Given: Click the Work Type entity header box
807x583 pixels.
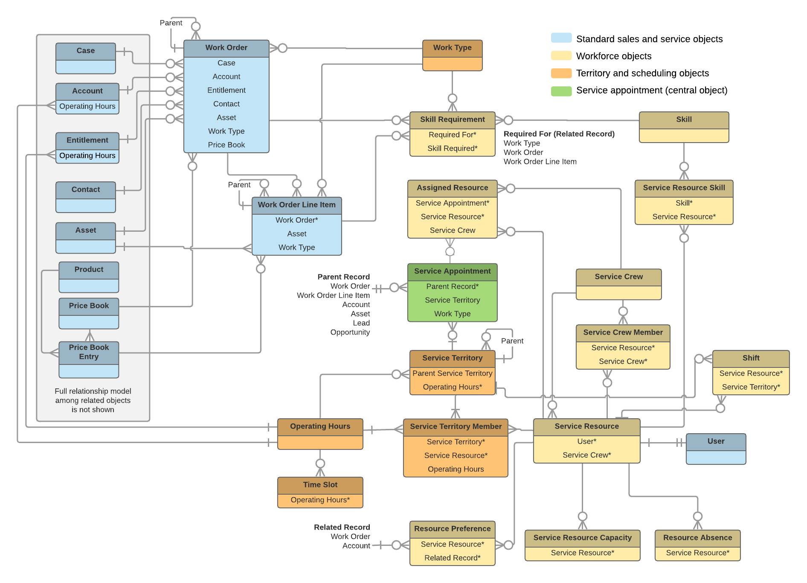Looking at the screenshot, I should coord(452,48).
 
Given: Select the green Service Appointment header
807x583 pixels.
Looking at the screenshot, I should coord(452,271).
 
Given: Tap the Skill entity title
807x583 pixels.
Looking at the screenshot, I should coord(684,120).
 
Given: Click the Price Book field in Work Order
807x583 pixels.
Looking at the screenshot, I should coord(226,145).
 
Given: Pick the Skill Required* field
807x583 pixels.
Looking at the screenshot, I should coord(452,148).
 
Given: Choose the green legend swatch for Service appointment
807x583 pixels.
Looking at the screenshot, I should coord(561,90).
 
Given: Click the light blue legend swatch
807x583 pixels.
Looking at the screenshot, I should coord(561,38).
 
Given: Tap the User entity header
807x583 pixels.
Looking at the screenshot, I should coord(716,441).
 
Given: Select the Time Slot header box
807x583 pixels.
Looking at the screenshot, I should coord(320,485).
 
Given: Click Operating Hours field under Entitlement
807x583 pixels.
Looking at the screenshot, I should coord(87,156).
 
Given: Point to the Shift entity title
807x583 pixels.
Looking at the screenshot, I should coord(751,358).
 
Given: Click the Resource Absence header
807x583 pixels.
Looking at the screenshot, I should coord(697,538).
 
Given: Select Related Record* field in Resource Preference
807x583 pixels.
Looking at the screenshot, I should coord(452,558).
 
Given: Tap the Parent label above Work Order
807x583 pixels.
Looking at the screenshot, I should coord(171,23).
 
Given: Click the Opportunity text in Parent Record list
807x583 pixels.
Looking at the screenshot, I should coord(350,332).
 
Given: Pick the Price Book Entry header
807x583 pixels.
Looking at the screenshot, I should coord(89,352).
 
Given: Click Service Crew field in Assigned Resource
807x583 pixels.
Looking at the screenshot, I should coord(452,230).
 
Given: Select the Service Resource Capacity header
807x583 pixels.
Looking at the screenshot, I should coord(582,538).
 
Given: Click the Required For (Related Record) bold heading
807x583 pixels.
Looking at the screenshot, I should coord(559,134).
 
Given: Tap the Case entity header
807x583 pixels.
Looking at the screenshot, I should coord(85,51).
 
